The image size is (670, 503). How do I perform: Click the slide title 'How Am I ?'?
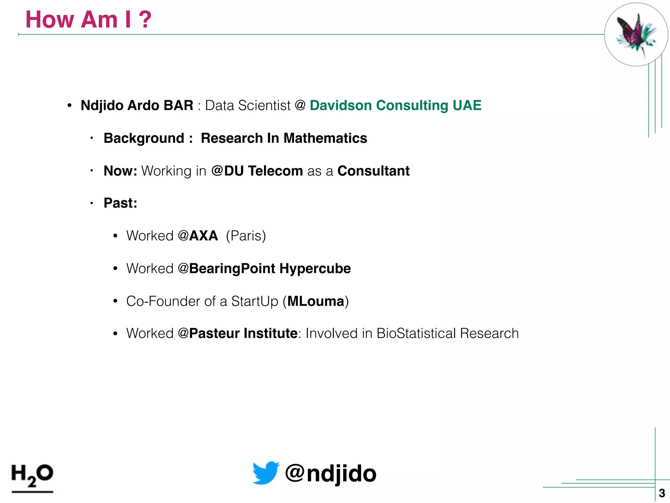[x=88, y=20]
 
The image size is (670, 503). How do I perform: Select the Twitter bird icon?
[x=266, y=473]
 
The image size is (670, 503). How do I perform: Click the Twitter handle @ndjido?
[x=330, y=474]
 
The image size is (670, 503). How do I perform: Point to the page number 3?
[x=662, y=493]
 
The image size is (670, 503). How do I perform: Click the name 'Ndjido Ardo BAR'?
[x=137, y=105]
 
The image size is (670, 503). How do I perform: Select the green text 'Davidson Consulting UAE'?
[x=395, y=105]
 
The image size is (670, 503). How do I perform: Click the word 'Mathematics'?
[x=325, y=138]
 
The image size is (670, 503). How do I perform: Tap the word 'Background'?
[x=144, y=138]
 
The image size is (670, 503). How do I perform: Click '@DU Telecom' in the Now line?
[x=257, y=171]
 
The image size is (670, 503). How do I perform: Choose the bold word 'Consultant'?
[x=373, y=171]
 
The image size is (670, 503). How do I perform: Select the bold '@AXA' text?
[x=198, y=236]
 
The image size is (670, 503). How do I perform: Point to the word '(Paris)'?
[x=246, y=236]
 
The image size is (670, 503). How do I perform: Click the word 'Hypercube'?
[x=315, y=269]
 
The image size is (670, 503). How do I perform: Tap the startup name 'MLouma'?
[x=316, y=301]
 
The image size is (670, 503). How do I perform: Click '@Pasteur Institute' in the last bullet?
[x=238, y=333]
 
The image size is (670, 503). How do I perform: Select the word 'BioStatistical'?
[x=416, y=333]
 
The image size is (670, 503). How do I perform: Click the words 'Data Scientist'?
[x=248, y=105]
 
